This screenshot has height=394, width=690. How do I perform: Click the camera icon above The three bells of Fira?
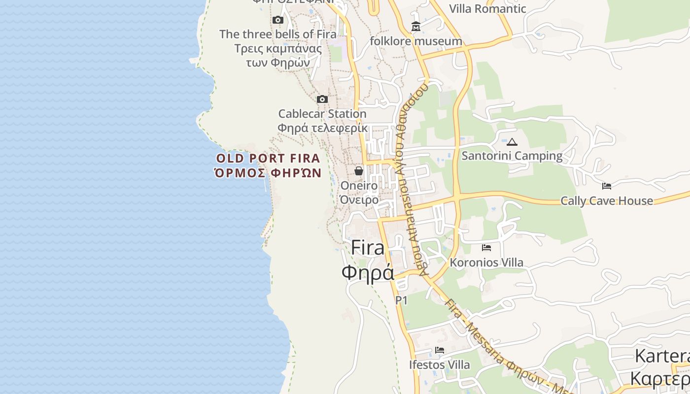coord(278,20)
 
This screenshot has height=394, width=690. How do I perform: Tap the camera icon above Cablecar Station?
coord(322,99)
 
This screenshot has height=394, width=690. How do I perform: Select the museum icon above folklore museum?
coord(416,26)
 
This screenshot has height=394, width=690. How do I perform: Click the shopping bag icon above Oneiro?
coord(359,171)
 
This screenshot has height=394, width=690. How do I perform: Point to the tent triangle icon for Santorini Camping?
coord(512,142)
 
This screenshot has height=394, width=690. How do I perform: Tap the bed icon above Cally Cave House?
coord(607,186)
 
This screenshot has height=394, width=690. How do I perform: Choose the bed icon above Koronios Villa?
coord(486,248)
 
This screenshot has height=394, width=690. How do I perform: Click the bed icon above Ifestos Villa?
coord(440,350)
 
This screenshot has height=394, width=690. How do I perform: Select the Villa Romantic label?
coord(488,9)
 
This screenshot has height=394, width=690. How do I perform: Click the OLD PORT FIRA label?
coord(269,159)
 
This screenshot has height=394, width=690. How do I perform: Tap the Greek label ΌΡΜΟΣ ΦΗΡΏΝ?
coord(269,173)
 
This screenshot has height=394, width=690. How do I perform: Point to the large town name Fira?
coord(368,248)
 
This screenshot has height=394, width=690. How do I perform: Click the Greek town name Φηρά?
coord(368,272)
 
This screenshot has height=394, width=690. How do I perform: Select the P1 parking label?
coord(402,300)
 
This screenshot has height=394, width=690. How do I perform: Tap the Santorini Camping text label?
coord(512,156)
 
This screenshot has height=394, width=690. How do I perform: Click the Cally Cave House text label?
coord(607,201)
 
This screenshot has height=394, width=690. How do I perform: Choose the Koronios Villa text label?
coord(486,263)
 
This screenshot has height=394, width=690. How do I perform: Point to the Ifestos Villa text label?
coord(440,365)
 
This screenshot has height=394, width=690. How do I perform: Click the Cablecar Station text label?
coord(322,114)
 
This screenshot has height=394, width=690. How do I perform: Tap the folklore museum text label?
coord(416,41)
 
